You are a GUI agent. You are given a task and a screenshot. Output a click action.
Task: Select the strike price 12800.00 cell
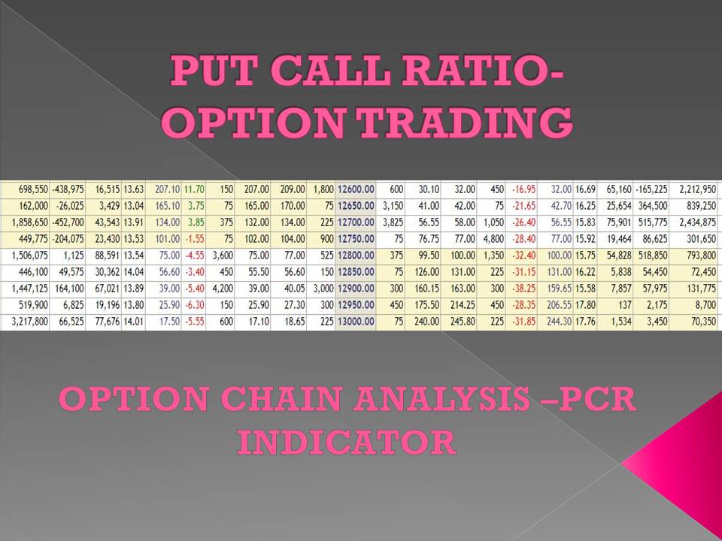point(356,256)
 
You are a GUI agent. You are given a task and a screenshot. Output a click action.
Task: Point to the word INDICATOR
point(347,443)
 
